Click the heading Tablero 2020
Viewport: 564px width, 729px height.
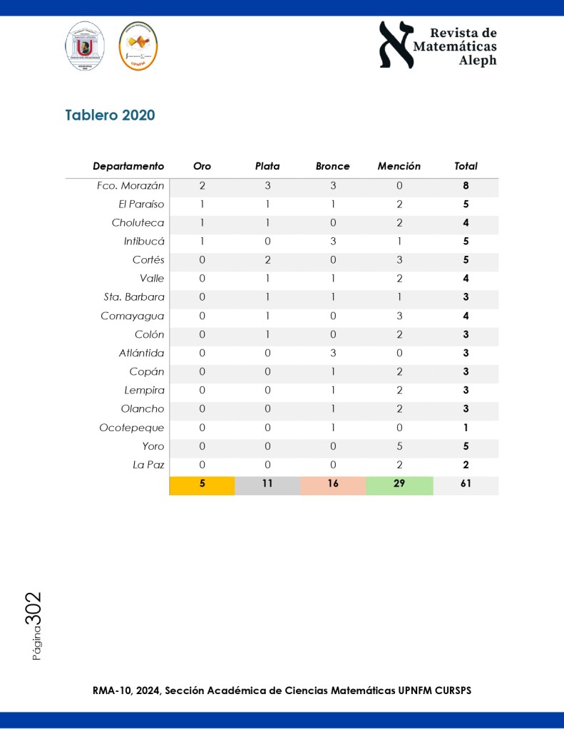(110, 115)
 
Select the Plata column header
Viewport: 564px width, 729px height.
(267, 166)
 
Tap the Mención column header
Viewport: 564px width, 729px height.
(399, 166)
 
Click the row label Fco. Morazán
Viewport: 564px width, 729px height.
(130, 186)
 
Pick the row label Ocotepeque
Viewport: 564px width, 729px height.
(132, 428)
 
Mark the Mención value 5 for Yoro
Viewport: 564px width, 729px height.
(399, 446)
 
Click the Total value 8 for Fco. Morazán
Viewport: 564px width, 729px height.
(466, 186)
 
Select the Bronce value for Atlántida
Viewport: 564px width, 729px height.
(332, 353)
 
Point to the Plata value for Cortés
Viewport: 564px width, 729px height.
(267, 260)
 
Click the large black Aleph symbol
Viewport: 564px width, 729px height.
(396, 45)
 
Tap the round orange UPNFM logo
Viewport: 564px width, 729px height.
(138, 46)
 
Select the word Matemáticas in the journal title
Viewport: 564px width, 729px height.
(456, 46)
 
